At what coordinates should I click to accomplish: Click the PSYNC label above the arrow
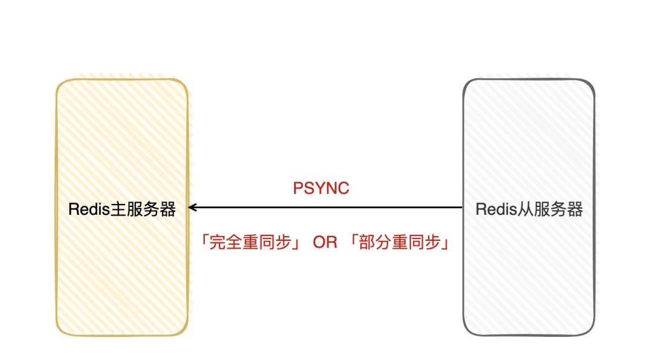[321, 188]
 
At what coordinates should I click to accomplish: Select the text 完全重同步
[250, 242]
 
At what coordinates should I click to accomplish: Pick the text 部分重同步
[400, 242]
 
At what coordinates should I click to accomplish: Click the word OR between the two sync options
[325, 243]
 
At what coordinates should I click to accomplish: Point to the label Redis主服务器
[122, 209]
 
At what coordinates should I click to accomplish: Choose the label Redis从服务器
[529, 209]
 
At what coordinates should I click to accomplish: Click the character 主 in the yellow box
[118, 209]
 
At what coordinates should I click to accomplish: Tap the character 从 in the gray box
[525, 209]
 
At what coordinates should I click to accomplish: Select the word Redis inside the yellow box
[89, 209]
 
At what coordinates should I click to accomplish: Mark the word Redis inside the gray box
[496, 209]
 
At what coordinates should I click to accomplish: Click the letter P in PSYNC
[298, 188]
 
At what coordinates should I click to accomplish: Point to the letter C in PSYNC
[343, 188]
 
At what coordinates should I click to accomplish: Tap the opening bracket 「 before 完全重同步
[204, 241]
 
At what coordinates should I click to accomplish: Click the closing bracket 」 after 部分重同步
[446, 243]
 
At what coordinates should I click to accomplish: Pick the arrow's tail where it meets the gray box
[463, 207]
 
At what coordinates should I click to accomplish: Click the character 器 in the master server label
[168, 209]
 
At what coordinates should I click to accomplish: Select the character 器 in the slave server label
[575, 209]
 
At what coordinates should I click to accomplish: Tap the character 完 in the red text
[217, 242]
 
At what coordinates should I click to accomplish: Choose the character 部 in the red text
[366, 242]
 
